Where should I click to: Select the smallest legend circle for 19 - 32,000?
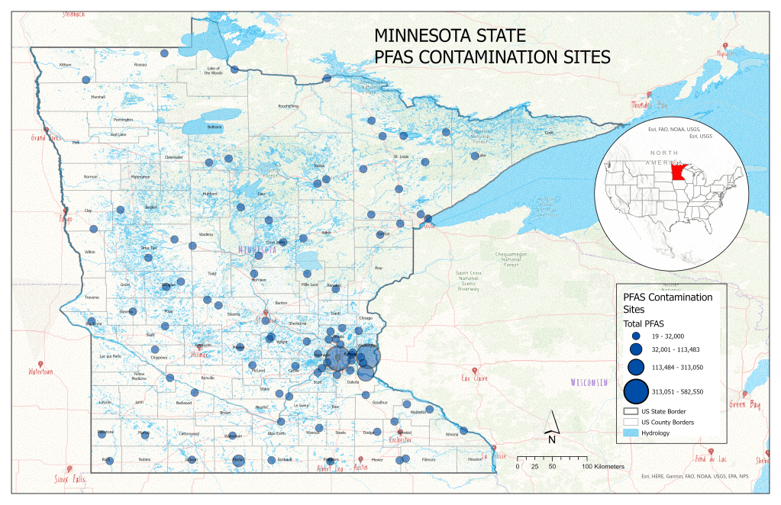point(635,336)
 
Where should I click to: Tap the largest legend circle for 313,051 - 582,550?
point(636,391)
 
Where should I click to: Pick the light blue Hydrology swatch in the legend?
point(631,433)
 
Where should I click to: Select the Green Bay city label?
point(744,404)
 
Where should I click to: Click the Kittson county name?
point(65,65)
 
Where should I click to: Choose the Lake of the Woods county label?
point(213,71)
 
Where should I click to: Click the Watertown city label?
point(42,372)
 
